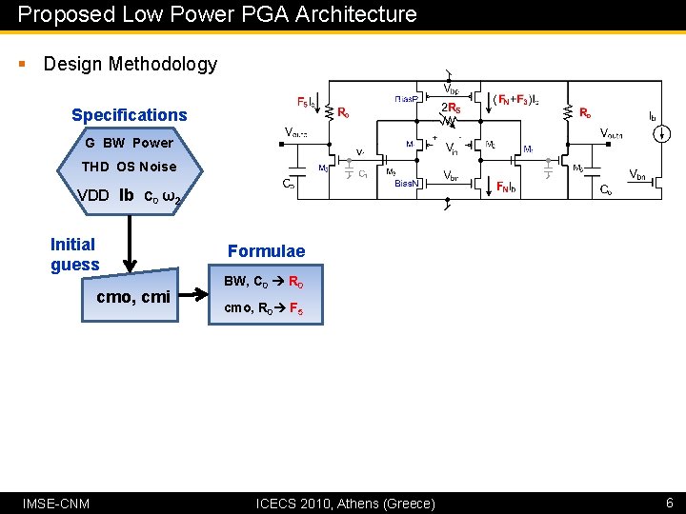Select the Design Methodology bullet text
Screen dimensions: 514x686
click(131, 64)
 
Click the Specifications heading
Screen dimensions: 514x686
click(130, 115)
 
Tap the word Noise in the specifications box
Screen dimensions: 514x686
click(158, 167)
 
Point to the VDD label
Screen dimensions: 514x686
click(93, 196)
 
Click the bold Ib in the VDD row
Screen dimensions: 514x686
click(126, 196)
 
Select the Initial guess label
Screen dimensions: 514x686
click(74, 254)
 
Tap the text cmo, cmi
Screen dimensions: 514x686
click(133, 297)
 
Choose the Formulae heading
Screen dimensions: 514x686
click(266, 251)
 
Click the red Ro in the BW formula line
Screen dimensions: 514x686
click(295, 282)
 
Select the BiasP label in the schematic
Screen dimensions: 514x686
click(410, 98)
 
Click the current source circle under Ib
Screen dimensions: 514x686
click(657, 134)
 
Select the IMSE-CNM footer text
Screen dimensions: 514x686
click(56, 503)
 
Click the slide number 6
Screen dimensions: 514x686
click(669, 502)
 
